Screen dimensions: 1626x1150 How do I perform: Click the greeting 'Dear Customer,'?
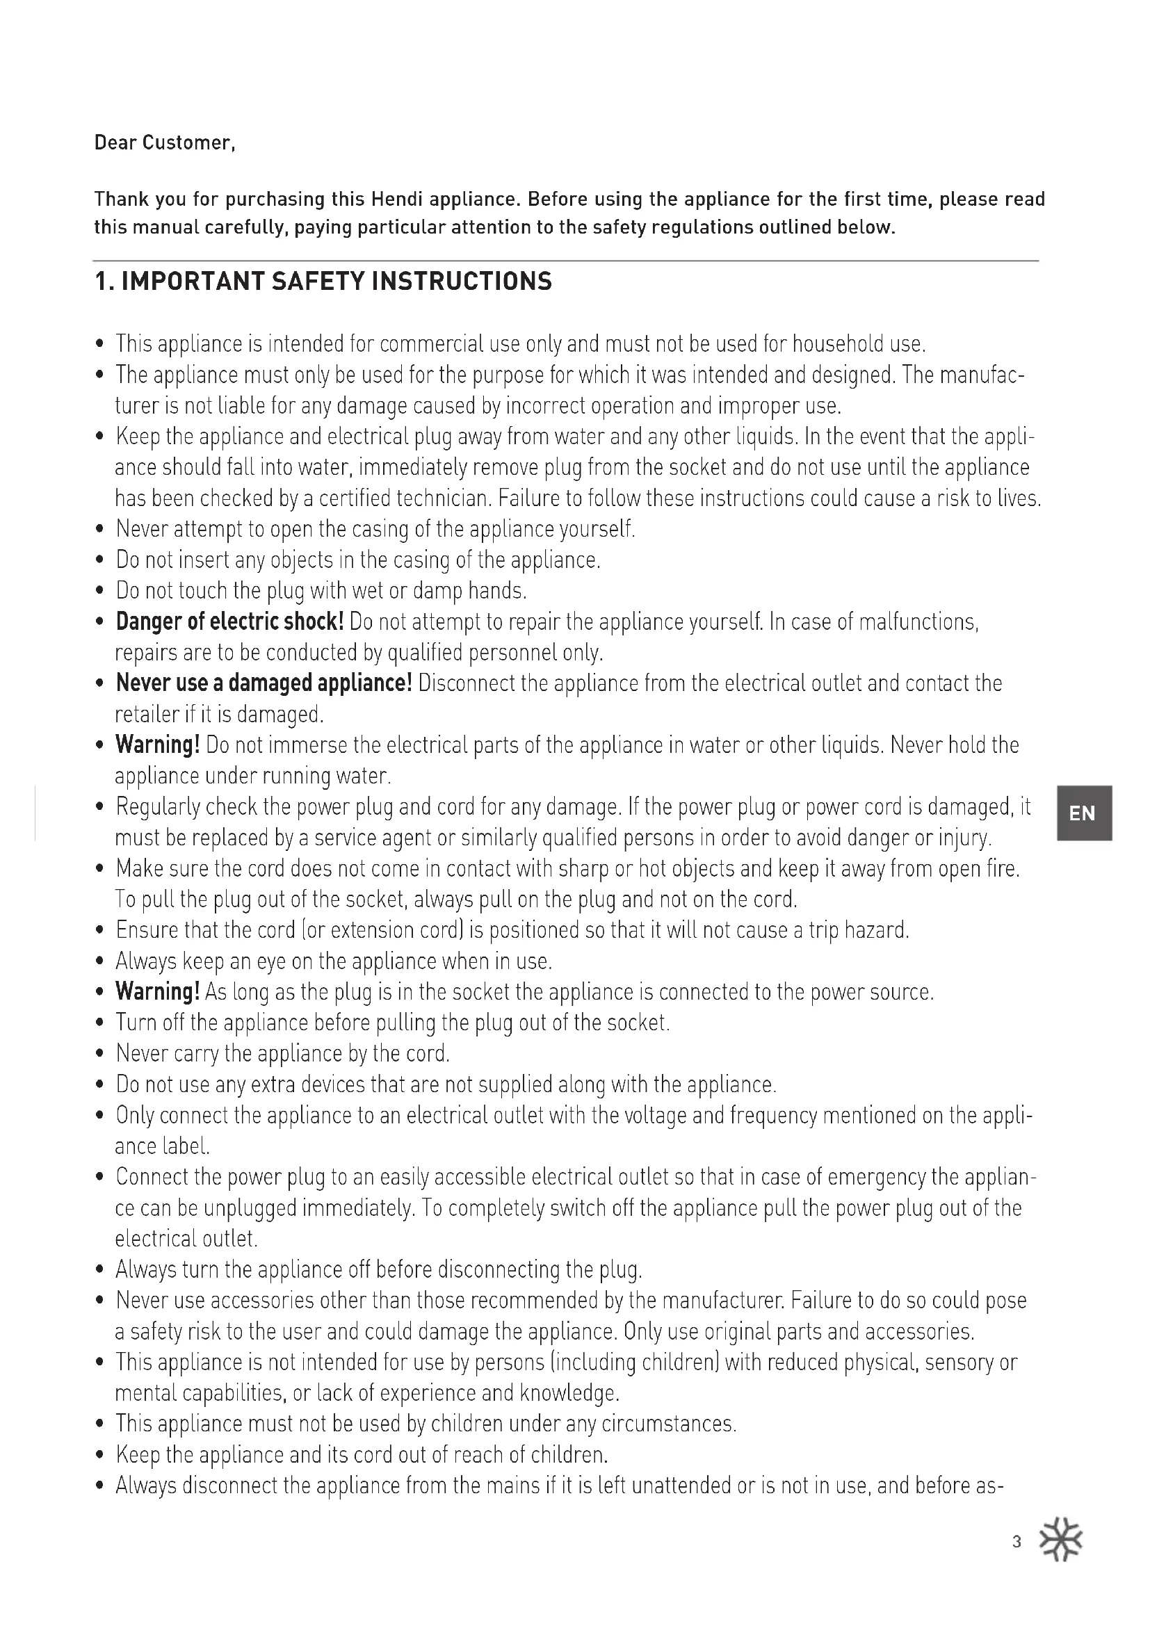164,143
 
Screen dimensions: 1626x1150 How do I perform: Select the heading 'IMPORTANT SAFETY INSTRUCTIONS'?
337,282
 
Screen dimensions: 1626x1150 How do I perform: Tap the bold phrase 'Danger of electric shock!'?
230,621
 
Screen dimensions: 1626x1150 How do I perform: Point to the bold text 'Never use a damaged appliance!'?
264,683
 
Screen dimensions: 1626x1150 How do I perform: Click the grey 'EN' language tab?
1083,813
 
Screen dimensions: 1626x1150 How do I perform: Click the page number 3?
1017,1543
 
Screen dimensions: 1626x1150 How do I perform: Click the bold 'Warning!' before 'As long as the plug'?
158,991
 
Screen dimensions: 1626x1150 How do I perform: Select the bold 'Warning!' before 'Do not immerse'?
158,745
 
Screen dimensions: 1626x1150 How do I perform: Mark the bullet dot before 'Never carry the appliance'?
100,1055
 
